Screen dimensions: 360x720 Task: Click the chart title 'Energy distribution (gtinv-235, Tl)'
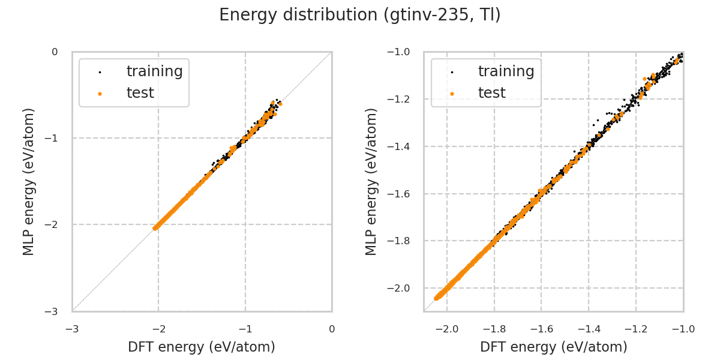tap(360, 15)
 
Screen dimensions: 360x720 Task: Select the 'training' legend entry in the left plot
tap(154, 71)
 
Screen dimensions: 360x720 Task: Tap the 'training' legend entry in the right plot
tap(506, 71)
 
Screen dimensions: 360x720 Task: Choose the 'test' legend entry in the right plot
tap(491, 93)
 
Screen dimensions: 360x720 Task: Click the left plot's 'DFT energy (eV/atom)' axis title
tap(202, 347)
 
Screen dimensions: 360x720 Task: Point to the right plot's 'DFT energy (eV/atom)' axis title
tap(553, 347)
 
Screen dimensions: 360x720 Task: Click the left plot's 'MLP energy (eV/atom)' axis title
tap(29, 181)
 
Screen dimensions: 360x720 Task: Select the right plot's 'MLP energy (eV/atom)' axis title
tap(372, 181)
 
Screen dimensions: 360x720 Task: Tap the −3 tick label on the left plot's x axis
tap(72, 329)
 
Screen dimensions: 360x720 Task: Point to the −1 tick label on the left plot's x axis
tap(245, 329)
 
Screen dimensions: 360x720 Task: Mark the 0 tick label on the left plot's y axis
tap(55, 52)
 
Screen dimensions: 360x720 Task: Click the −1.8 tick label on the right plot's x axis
tap(494, 329)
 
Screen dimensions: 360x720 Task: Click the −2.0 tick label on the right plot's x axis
tap(447, 329)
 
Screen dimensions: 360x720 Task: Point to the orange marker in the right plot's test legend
tap(452, 94)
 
